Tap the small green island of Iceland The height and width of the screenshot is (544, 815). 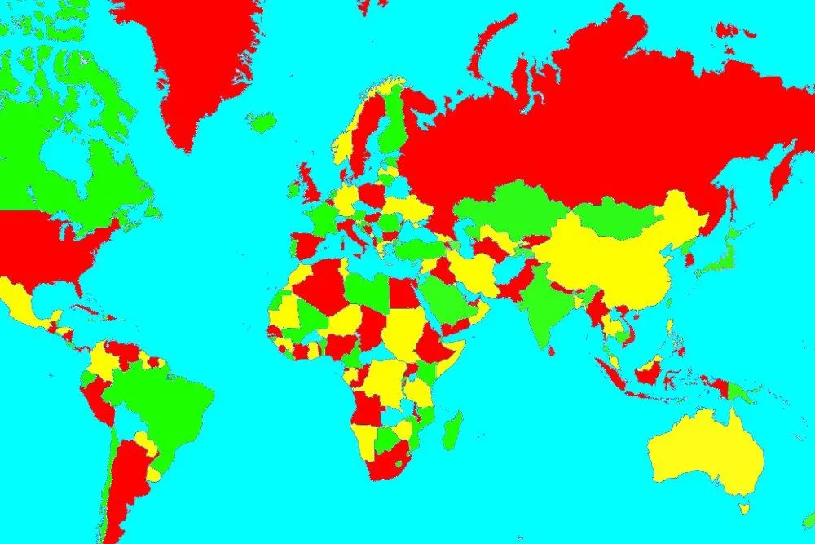263,123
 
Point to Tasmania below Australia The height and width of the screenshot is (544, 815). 744,508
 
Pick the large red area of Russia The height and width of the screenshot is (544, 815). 587,122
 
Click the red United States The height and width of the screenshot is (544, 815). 49,245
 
